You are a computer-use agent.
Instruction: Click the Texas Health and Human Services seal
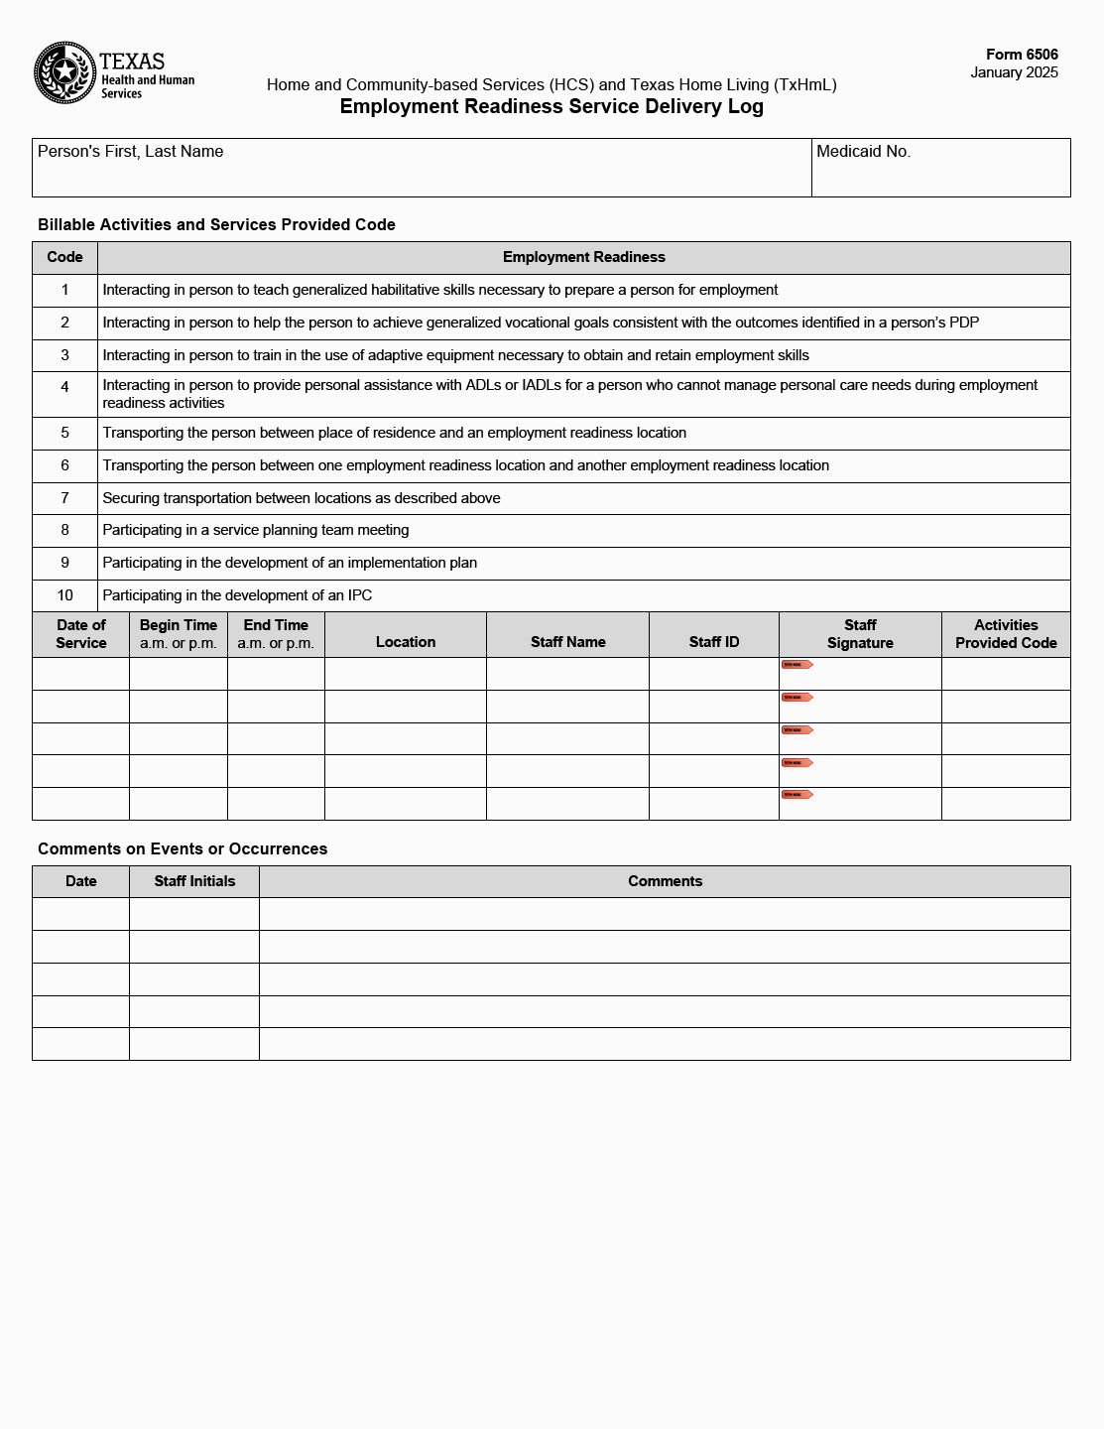[x=64, y=72]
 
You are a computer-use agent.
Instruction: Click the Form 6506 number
[x=1022, y=55]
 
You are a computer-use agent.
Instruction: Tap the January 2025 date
[x=1014, y=72]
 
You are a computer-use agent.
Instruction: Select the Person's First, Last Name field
[x=422, y=168]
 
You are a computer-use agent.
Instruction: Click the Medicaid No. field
[x=940, y=168]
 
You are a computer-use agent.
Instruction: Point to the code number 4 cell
[x=64, y=387]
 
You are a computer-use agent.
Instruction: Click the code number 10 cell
[x=64, y=595]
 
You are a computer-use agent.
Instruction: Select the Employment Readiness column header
[x=583, y=257]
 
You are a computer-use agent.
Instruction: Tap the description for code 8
[x=256, y=530]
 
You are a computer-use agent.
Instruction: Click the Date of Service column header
[x=80, y=634]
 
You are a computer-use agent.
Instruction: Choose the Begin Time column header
[x=179, y=634]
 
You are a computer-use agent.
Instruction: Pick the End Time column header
[x=276, y=634]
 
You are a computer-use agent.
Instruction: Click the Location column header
[x=406, y=642]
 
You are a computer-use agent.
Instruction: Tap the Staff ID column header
[x=714, y=642]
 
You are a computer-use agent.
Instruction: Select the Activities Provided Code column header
[x=1006, y=634]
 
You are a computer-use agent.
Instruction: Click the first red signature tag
[x=797, y=665]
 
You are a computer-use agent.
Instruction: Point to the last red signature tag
[x=797, y=795]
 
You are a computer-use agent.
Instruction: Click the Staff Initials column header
[x=194, y=881]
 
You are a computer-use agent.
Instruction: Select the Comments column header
[x=665, y=881]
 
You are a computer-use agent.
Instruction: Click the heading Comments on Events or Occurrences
[x=183, y=849]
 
